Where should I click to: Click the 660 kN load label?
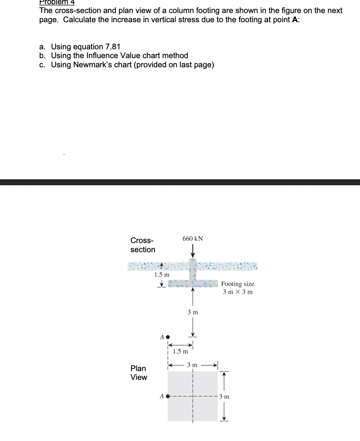click(193, 239)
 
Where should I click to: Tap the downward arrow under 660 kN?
click(193, 251)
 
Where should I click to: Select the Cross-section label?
click(143, 245)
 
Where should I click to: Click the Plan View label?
click(139, 373)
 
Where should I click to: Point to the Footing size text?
click(237, 284)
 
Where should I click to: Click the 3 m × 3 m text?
click(238, 292)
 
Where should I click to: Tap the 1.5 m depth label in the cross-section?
click(162, 275)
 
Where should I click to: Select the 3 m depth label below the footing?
click(193, 312)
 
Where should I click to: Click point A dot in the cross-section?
click(168, 337)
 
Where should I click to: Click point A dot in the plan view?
click(168, 396)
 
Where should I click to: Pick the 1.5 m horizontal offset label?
click(180, 351)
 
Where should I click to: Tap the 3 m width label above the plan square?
click(192, 365)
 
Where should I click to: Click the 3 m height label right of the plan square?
click(224, 397)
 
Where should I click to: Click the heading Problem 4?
click(57, 2)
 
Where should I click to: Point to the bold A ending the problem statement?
click(295, 20)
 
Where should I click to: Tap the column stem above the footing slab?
click(193, 269)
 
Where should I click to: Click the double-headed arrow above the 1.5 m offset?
click(180, 345)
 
